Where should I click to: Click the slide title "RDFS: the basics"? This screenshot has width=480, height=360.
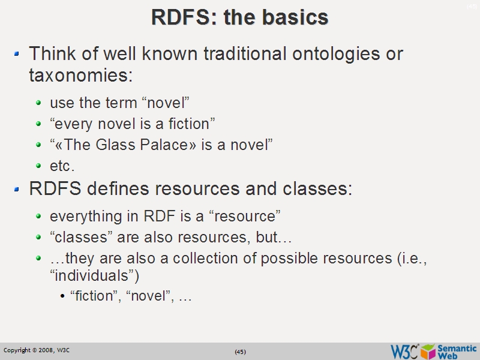239,17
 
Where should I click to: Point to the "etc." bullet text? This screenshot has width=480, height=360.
62,166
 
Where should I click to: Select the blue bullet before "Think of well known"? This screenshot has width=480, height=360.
17,54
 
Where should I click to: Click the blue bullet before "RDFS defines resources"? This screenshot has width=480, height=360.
17,190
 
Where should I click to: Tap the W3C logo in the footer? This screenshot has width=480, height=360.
404,351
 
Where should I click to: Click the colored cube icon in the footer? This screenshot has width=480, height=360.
428,351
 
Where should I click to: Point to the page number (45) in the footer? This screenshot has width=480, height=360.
240,352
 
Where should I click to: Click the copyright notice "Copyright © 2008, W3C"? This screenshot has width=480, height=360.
37,350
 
